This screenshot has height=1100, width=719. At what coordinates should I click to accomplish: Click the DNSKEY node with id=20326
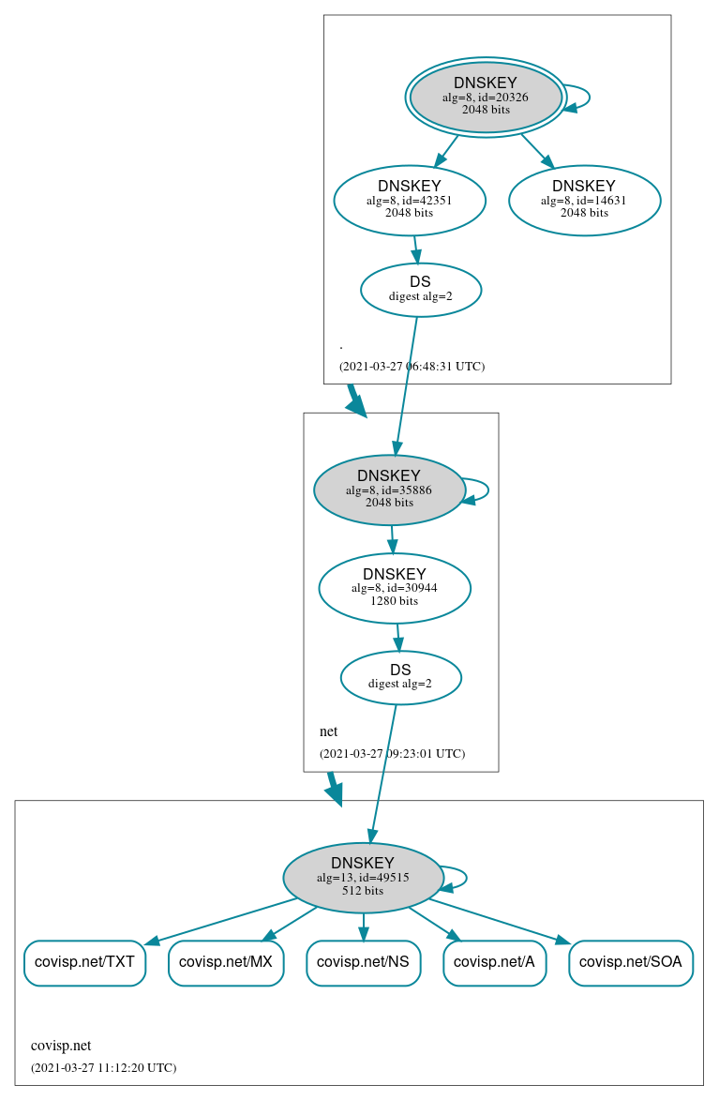point(486,97)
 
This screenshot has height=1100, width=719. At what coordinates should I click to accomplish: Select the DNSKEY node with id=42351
point(410,199)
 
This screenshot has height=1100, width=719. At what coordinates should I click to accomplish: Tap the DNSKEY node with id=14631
point(584,199)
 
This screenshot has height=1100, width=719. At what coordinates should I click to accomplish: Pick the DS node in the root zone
point(420,290)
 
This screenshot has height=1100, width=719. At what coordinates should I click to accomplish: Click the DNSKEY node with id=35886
point(389,490)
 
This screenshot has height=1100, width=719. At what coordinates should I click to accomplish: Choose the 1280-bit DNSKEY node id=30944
point(394,588)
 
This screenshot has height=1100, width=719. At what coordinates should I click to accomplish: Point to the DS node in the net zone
point(400,677)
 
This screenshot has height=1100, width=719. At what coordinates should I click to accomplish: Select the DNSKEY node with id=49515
point(363,877)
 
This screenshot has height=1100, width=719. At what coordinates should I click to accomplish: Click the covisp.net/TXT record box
point(84,962)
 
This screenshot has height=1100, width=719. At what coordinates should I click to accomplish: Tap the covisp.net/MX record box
point(226,962)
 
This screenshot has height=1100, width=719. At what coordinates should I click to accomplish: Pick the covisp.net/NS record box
point(363,962)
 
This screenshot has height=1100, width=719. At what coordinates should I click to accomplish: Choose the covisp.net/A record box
point(494,962)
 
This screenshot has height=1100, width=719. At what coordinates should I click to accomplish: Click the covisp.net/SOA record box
point(630,962)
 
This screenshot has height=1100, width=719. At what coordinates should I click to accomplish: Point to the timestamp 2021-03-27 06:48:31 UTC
point(412,366)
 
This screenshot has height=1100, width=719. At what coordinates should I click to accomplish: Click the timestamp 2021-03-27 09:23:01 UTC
point(392,753)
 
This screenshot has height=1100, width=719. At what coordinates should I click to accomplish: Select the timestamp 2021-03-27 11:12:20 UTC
point(103,1067)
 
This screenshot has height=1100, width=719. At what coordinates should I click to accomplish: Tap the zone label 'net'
point(328,731)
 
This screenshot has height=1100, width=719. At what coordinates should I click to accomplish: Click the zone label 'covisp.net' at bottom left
point(61,1046)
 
